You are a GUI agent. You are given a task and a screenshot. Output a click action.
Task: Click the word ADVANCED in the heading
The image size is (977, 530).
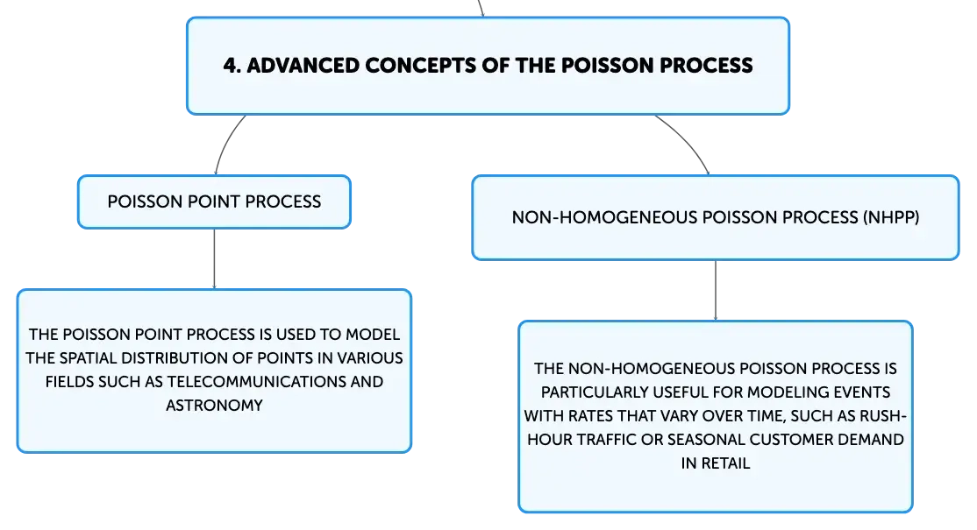click(x=303, y=66)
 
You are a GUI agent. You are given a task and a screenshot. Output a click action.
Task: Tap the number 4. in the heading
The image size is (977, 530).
click(x=232, y=66)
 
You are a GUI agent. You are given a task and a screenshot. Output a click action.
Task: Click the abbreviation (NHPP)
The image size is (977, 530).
click(x=891, y=217)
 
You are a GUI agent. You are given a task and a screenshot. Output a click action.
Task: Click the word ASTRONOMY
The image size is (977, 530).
click(x=214, y=405)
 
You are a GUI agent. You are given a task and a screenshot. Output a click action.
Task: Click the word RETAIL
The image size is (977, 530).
click(x=725, y=463)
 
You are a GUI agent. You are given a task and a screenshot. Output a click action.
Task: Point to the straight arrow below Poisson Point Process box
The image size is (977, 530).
click(x=214, y=258)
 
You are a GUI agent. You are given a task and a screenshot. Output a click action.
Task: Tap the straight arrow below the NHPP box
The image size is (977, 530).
click(x=716, y=291)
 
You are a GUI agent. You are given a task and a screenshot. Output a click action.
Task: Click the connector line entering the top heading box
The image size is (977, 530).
click(x=481, y=8)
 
